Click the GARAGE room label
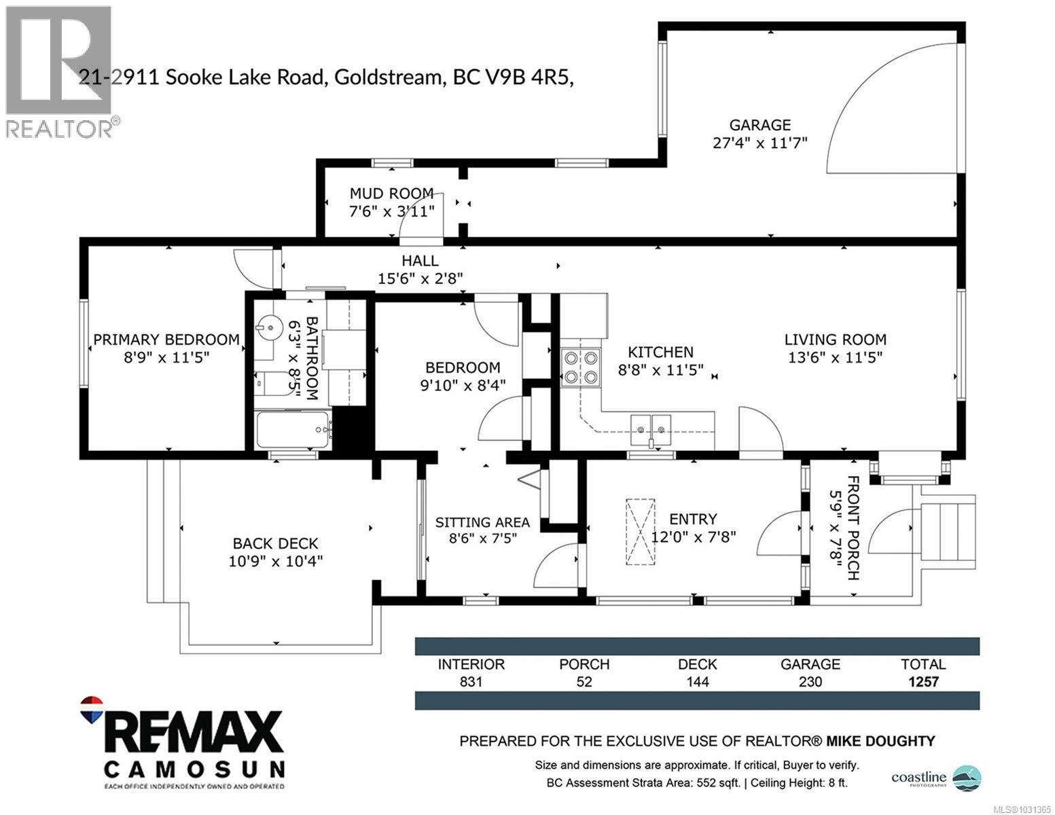(x=759, y=125)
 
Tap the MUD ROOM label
(x=391, y=194)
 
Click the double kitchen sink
(x=651, y=426)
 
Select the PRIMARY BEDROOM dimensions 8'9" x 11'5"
(x=166, y=357)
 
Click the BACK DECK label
(x=275, y=543)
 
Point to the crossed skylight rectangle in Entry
(x=640, y=532)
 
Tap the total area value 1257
(x=923, y=682)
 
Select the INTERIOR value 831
(x=471, y=682)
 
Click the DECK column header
(x=697, y=664)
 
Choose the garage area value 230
(x=810, y=682)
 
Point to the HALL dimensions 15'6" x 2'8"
(x=420, y=278)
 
